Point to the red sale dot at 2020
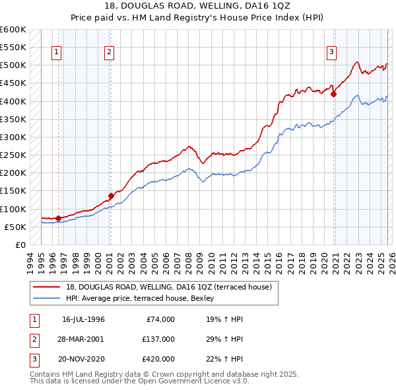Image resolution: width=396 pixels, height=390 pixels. (x=333, y=94)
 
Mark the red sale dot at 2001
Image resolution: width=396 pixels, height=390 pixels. (x=111, y=195)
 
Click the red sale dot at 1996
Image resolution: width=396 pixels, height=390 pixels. (x=58, y=217)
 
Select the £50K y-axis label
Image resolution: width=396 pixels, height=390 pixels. (x=15, y=227)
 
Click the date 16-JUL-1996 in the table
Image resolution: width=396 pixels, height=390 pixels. (x=83, y=319)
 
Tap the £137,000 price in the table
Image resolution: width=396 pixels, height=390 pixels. (x=158, y=338)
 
